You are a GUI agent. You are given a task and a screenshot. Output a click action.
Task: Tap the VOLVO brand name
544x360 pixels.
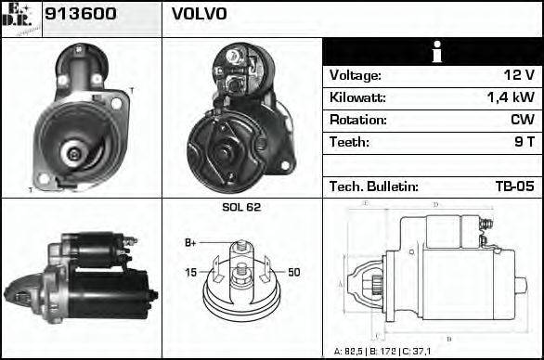(x=200, y=15)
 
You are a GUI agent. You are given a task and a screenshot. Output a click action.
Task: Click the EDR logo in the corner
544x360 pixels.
(x=20, y=18)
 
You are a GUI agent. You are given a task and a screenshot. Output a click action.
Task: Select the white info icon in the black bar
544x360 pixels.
(x=433, y=52)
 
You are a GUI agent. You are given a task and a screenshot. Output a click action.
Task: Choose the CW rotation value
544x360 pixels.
(x=523, y=121)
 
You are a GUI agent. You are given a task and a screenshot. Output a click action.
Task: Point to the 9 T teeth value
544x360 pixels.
(x=525, y=143)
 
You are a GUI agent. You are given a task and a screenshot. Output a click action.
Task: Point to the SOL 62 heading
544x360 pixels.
(x=241, y=207)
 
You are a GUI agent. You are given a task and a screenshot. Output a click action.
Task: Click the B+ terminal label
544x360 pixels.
(x=190, y=243)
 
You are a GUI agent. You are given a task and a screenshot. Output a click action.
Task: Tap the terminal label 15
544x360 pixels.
(x=191, y=272)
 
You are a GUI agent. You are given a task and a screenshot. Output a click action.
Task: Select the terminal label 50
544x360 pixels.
(x=293, y=272)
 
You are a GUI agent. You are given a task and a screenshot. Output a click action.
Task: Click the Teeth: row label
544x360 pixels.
(x=349, y=143)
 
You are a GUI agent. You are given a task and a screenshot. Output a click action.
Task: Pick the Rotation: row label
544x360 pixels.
(x=356, y=121)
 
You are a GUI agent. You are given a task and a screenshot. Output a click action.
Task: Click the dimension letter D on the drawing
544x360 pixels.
(x=435, y=205)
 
